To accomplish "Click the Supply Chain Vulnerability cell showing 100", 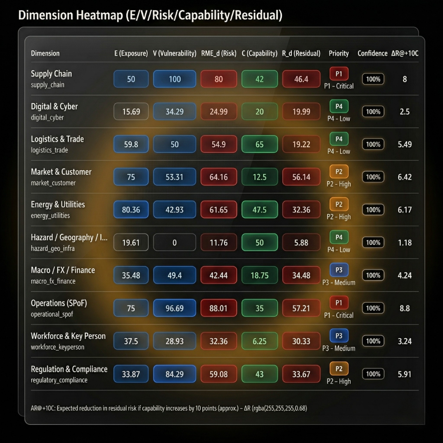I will (175, 79).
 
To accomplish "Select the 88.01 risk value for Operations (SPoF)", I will (219, 308).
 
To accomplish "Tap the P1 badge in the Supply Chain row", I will (339, 74).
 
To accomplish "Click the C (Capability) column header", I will (259, 53).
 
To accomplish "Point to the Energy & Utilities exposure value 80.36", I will (131, 210).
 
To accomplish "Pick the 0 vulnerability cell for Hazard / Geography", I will (175, 242).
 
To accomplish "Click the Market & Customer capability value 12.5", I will (259, 177).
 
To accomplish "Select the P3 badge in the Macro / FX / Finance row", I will (339, 270).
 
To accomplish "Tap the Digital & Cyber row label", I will (54, 107).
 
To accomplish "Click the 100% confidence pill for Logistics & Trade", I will (373, 144).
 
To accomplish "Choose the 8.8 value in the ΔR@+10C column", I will (404, 308).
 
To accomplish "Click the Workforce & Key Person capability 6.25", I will (259, 341).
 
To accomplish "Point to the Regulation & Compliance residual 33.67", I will (301, 374).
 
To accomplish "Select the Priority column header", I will (339, 53).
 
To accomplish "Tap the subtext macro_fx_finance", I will (53, 281).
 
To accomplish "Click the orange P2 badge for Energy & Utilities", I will (339, 205).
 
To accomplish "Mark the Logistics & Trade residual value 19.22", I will (301, 144).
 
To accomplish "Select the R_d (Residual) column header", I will (301, 53).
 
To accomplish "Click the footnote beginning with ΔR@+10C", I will (168, 408).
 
